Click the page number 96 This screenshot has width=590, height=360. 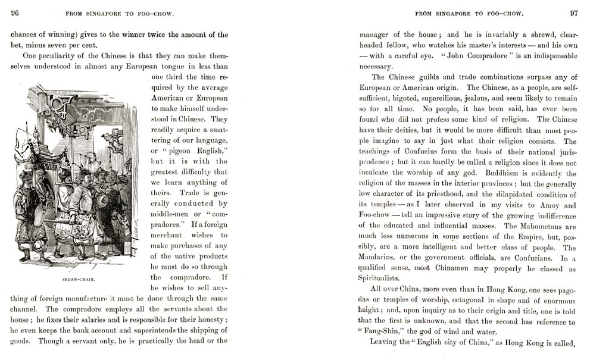[x=15, y=13]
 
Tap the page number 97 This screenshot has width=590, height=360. [x=573, y=13]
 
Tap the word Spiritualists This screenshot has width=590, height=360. [x=382, y=278]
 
